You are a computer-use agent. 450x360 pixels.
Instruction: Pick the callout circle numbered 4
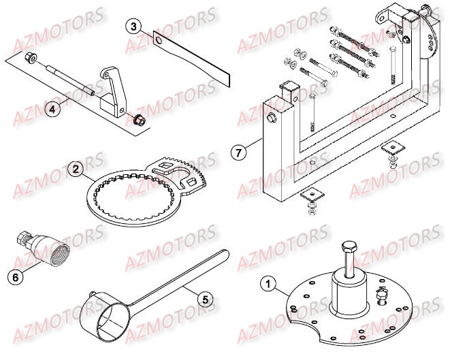point(52,108)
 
